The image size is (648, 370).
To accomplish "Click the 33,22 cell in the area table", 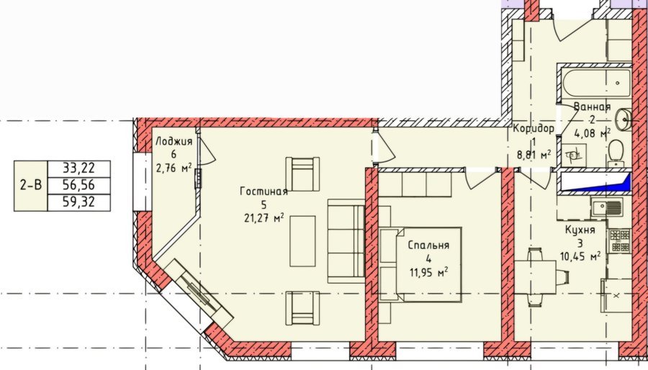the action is click(x=79, y=168).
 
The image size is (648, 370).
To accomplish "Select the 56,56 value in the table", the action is click(x=79, y=186).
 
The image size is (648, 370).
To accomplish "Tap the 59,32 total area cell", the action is click(x=79, y=202).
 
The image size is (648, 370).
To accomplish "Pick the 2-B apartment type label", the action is click(x=31, y=186).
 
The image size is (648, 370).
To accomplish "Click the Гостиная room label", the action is click(x=264, y=191).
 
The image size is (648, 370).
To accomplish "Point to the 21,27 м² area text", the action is click(x=264, y=217).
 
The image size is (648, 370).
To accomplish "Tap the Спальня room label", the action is click(x=428, y=245).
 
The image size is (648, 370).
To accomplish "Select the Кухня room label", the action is click(x=580, y=230).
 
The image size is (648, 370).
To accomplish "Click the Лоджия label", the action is click(x=174, y=141).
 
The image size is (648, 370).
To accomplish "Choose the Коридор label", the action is click(x=534, y=128).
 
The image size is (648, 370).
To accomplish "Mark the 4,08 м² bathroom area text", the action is click(x=593, y=133).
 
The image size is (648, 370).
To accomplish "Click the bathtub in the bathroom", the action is click(x=597, y=83).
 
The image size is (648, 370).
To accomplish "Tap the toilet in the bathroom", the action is click(x=616, y=153).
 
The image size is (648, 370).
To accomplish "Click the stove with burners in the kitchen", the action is click(x=619, y=240).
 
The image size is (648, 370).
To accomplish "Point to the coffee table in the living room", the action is click(x=302, y=241).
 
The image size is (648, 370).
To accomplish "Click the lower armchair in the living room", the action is click(x=302, y=308).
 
